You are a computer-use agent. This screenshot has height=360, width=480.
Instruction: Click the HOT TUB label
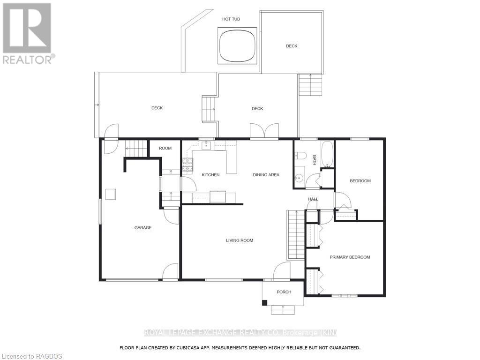click(231, 19)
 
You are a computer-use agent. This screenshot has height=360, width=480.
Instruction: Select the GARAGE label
click(143, 228)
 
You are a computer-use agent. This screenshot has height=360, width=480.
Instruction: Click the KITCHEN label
click(210, 175)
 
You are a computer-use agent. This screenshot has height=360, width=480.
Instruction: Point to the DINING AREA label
click(266, 175)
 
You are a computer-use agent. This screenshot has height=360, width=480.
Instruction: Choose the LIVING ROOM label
click(240, 240)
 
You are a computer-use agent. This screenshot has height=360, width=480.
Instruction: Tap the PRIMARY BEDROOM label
click(350, 257)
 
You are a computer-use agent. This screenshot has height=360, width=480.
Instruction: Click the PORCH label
click(284, 292)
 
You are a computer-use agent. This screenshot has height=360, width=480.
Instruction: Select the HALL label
click(313, 199)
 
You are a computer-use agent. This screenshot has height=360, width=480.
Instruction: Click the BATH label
click(315, 160)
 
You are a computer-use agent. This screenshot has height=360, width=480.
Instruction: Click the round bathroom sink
click(299, 178)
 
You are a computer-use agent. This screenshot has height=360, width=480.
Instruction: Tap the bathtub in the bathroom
click(327, 155)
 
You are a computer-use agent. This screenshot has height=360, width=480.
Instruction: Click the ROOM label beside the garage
click(165, 148)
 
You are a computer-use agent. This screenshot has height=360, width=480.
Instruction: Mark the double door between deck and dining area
click(264, 132)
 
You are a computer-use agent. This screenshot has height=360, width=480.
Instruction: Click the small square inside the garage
click(110, 194)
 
